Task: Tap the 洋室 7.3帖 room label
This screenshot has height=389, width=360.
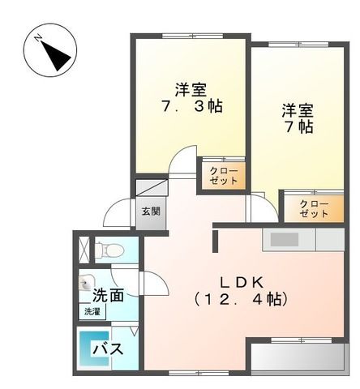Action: click(191, 97)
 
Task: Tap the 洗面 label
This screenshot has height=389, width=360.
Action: click(108, 294)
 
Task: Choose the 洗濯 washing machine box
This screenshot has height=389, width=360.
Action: click(90, 310)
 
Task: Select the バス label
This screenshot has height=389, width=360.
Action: click(107, 350)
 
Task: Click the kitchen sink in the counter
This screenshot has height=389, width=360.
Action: click(284, 239)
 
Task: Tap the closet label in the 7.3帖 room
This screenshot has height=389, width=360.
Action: click(223, 176)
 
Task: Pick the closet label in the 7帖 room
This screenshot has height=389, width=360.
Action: click(313, 208)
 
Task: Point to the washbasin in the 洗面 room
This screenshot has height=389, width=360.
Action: click(87, 286)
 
